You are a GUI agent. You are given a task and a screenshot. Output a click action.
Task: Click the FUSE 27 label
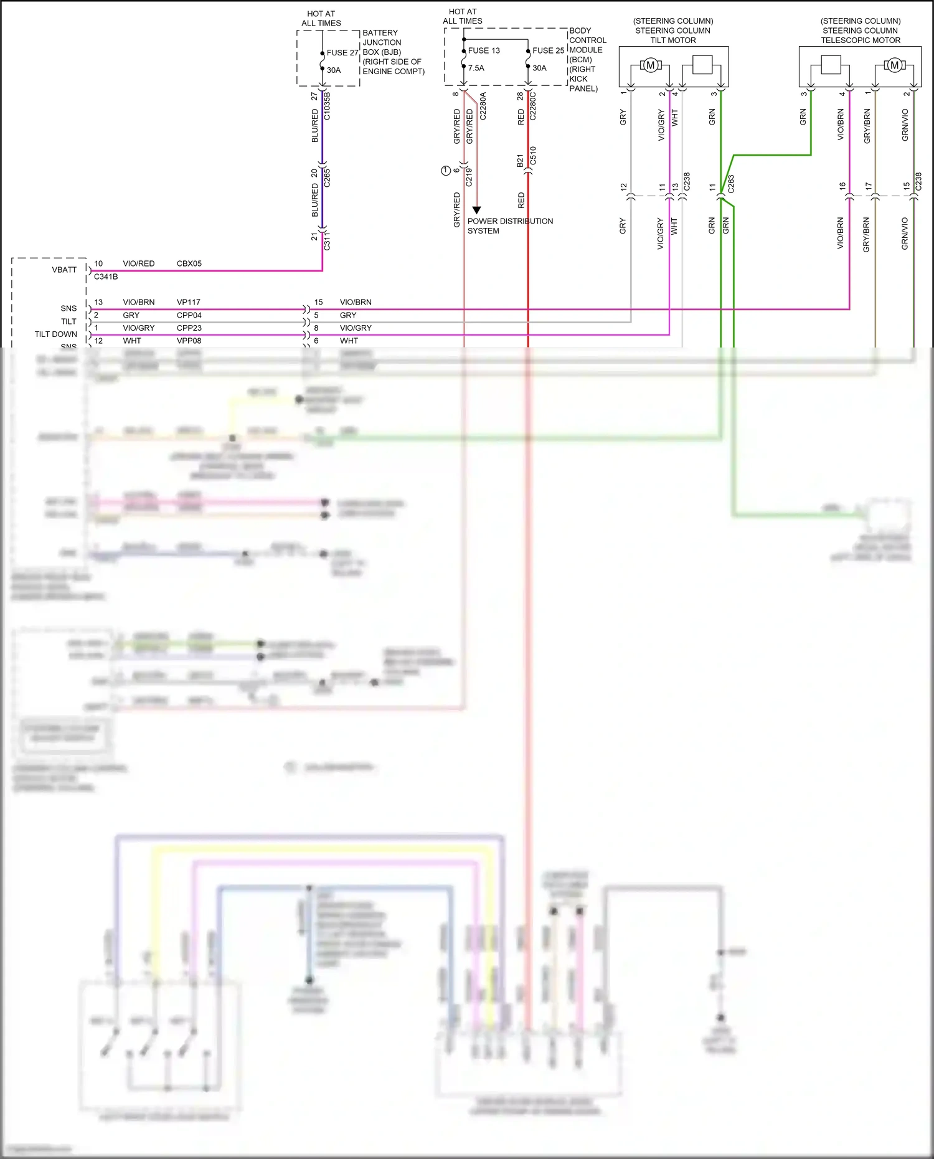(342, 53)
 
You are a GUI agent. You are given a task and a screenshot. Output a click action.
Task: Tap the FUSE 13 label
(484, 50)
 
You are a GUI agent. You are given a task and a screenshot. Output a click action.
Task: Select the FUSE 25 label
(548, 50)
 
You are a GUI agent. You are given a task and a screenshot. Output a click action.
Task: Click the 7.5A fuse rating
(476, 69)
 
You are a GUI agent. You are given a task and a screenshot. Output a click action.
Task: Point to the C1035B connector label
(328, 106)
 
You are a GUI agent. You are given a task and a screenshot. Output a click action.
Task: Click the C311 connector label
(328, 241)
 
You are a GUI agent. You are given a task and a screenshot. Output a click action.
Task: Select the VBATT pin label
(64, 270)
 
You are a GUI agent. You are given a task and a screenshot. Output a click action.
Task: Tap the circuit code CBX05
(189, 263)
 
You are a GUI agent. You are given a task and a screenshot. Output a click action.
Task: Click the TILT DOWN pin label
(55, 334)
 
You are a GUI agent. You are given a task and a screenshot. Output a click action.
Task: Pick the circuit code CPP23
(189, 328)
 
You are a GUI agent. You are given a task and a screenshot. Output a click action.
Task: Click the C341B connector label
(106, 277)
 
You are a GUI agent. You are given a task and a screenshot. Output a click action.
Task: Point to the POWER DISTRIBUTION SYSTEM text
(509, 225)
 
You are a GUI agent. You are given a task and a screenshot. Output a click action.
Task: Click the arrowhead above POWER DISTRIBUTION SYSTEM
(476, 211)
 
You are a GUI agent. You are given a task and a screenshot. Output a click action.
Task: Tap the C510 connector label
(533, 156)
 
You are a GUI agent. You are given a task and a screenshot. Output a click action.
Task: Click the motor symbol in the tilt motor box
(650, 65)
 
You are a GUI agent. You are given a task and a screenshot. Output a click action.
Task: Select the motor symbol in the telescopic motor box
(894, 65)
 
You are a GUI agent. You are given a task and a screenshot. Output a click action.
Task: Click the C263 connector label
(731, 183)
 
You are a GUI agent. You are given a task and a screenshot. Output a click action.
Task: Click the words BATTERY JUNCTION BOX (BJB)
(382, 42)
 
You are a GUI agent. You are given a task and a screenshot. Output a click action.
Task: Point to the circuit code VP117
(188, 302)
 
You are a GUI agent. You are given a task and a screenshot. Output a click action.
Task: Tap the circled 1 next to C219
(445, 171)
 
